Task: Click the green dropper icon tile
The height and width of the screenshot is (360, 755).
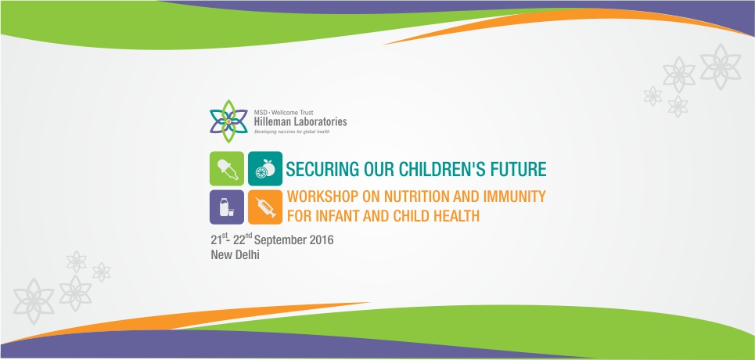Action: coord(227,169)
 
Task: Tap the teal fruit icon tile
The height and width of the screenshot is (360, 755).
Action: coord(265,169)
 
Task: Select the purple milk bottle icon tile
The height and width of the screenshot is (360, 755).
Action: coord(227,207)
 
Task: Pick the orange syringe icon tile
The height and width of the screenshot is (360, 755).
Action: coord(265,207)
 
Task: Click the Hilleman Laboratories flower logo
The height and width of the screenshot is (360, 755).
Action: coord(228,121)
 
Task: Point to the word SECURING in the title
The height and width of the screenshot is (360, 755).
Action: coord(316,170)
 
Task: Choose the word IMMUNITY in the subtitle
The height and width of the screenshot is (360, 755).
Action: coord(518,196)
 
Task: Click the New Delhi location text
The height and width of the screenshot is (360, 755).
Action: coord(235,255)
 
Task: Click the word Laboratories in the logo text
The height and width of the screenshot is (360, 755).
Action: coord(320,122)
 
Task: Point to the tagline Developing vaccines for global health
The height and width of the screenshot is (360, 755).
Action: coord(292,131)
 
